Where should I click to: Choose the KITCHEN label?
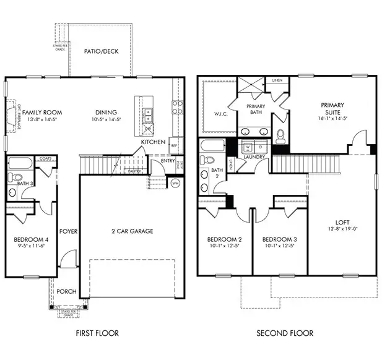pos(153,142)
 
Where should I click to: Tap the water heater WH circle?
pos(175,183)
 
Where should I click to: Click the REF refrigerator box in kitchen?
pos(174,146)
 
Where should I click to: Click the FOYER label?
pos(67,231)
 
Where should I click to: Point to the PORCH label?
pos(66,291)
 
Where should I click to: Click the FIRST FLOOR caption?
pos(97,333)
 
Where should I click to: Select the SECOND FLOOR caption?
pos(286,333)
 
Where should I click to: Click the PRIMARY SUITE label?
pos(332,109)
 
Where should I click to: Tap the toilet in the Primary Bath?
pos(280,135)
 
